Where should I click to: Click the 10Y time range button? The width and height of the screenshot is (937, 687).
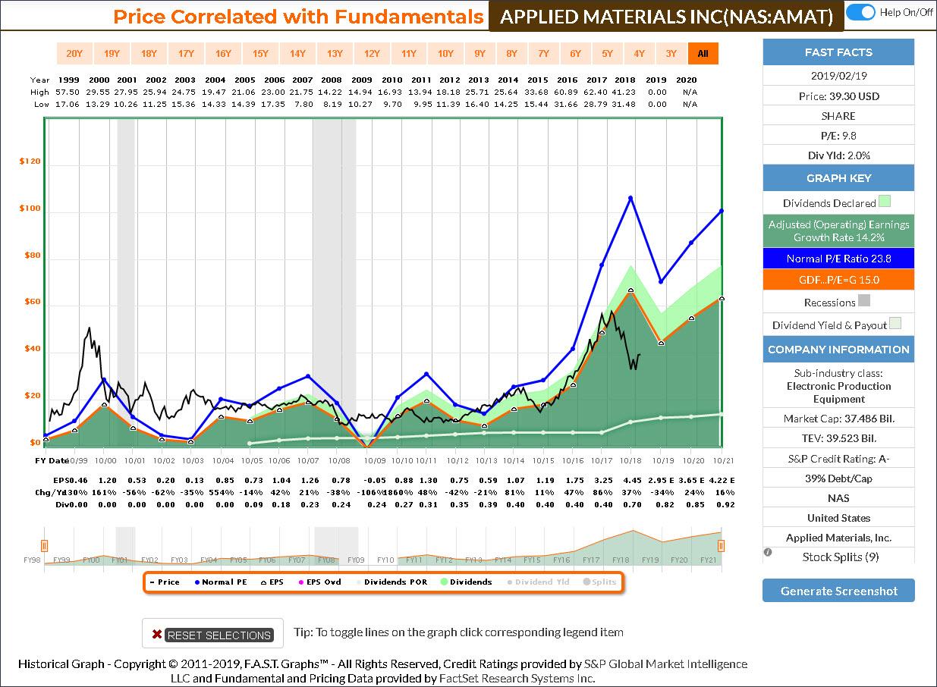445,53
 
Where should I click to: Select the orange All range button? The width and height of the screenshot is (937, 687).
703,53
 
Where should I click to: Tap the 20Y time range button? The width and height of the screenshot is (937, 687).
74,53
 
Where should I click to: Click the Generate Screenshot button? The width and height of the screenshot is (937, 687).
838,591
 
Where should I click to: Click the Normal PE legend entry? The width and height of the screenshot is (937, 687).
223,582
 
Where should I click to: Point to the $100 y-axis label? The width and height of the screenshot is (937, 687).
30,209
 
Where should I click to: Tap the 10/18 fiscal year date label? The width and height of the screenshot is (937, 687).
630,460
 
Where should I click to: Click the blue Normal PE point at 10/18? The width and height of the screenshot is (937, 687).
630,198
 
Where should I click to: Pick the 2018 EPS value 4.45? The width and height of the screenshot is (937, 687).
630,480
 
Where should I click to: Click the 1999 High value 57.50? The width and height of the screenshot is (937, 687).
69,92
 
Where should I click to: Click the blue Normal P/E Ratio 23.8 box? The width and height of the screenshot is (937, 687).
838,259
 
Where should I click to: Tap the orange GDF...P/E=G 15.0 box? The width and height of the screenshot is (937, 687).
838,280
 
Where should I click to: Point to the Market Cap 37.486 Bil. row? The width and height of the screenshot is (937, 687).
838,419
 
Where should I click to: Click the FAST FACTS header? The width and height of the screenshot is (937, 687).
838,52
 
